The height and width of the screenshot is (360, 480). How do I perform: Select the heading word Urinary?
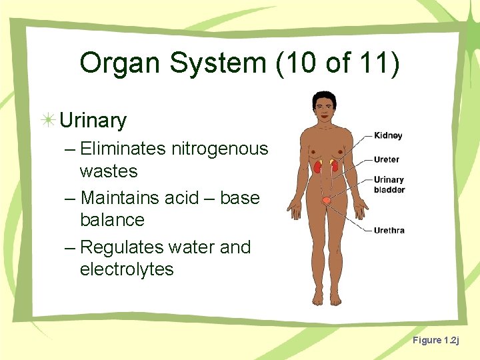(x=93, y=121)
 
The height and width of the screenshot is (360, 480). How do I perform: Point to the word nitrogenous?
(x=219, y=149)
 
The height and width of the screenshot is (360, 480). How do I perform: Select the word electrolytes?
(x=127, y=269)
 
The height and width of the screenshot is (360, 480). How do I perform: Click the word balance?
(x=112, y=220)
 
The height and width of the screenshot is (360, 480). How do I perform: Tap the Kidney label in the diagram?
(x=388, y=136)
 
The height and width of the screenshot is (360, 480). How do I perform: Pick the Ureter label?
(x=387, y=160)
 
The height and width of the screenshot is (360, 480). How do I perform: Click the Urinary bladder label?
(x=389, y=185)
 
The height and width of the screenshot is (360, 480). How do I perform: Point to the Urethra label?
(x=389, y=231)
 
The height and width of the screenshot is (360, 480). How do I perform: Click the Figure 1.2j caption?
(x=435, y=341)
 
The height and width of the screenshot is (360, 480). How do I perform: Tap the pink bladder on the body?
(x=326, y=200)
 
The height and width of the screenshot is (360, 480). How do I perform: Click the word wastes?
(x=108, y=171)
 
